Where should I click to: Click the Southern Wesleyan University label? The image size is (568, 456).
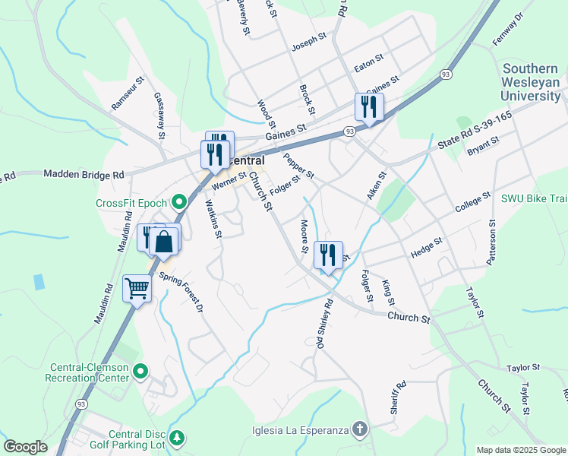(531, 82)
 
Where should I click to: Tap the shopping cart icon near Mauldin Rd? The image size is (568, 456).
(137, 288)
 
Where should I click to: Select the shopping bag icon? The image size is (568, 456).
(164, 242)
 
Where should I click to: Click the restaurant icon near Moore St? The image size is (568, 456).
(328, 255)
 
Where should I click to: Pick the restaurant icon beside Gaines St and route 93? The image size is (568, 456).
(370, 107)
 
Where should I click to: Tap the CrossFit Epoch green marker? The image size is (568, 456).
(179, 203)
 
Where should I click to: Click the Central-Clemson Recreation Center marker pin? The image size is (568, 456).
(140, 372)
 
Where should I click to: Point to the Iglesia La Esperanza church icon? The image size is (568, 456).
(360, 430)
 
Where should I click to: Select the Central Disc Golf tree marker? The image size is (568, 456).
(177, 439)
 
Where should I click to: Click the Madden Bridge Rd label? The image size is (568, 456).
(84, 175)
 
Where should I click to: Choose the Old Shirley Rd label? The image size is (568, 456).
(325, 324)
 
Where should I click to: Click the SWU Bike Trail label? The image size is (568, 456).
(534, 198)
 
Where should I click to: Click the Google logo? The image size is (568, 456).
(26, 447)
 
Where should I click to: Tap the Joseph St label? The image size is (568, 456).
(308, 46)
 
